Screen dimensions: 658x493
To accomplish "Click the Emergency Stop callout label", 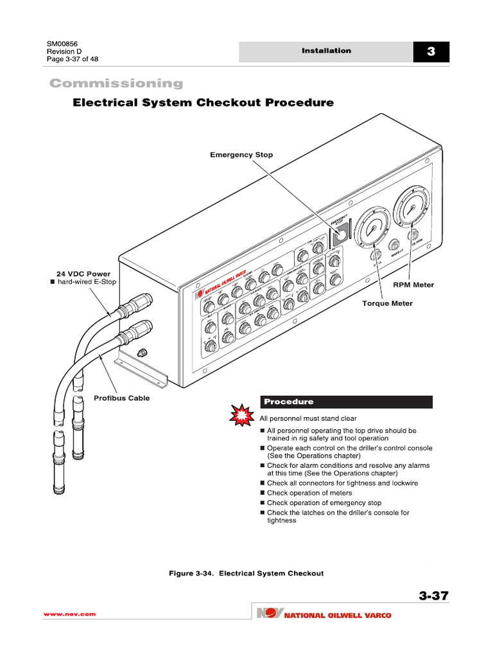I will coord(241,155).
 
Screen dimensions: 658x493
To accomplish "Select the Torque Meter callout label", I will coord(388,303).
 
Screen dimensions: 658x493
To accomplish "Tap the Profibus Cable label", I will coord(121,398).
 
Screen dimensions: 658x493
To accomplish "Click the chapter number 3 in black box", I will coord(431,52).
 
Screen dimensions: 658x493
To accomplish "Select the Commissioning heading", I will coord(116,84).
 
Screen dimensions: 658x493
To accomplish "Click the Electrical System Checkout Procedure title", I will coord(203,103).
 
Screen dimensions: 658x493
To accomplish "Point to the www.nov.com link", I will coord(69,614).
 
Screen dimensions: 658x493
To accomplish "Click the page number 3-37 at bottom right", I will coord(433,596).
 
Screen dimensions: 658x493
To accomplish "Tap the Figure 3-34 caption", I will coord(246,573).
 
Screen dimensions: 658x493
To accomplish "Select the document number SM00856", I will coord(63,44).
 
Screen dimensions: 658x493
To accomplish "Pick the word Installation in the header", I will coord(327,51).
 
